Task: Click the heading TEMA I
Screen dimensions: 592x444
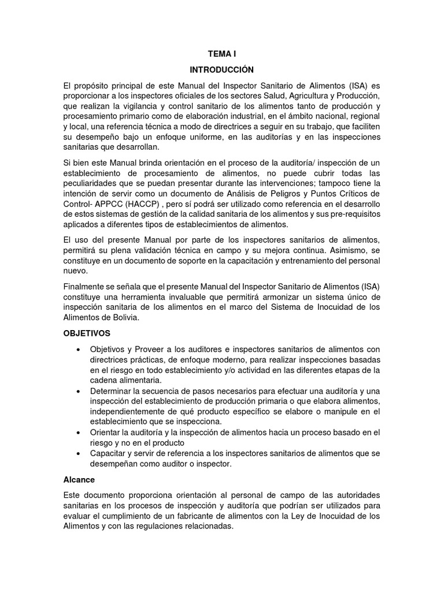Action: click(222, 54)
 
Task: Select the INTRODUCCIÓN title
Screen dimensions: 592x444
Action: click(222, 69)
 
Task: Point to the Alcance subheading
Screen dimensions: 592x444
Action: click(79, 479)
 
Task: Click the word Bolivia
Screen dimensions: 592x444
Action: click(123, 318)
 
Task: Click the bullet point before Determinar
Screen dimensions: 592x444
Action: click(78, 391)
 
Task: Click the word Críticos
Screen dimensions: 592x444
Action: click(346, 193)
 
